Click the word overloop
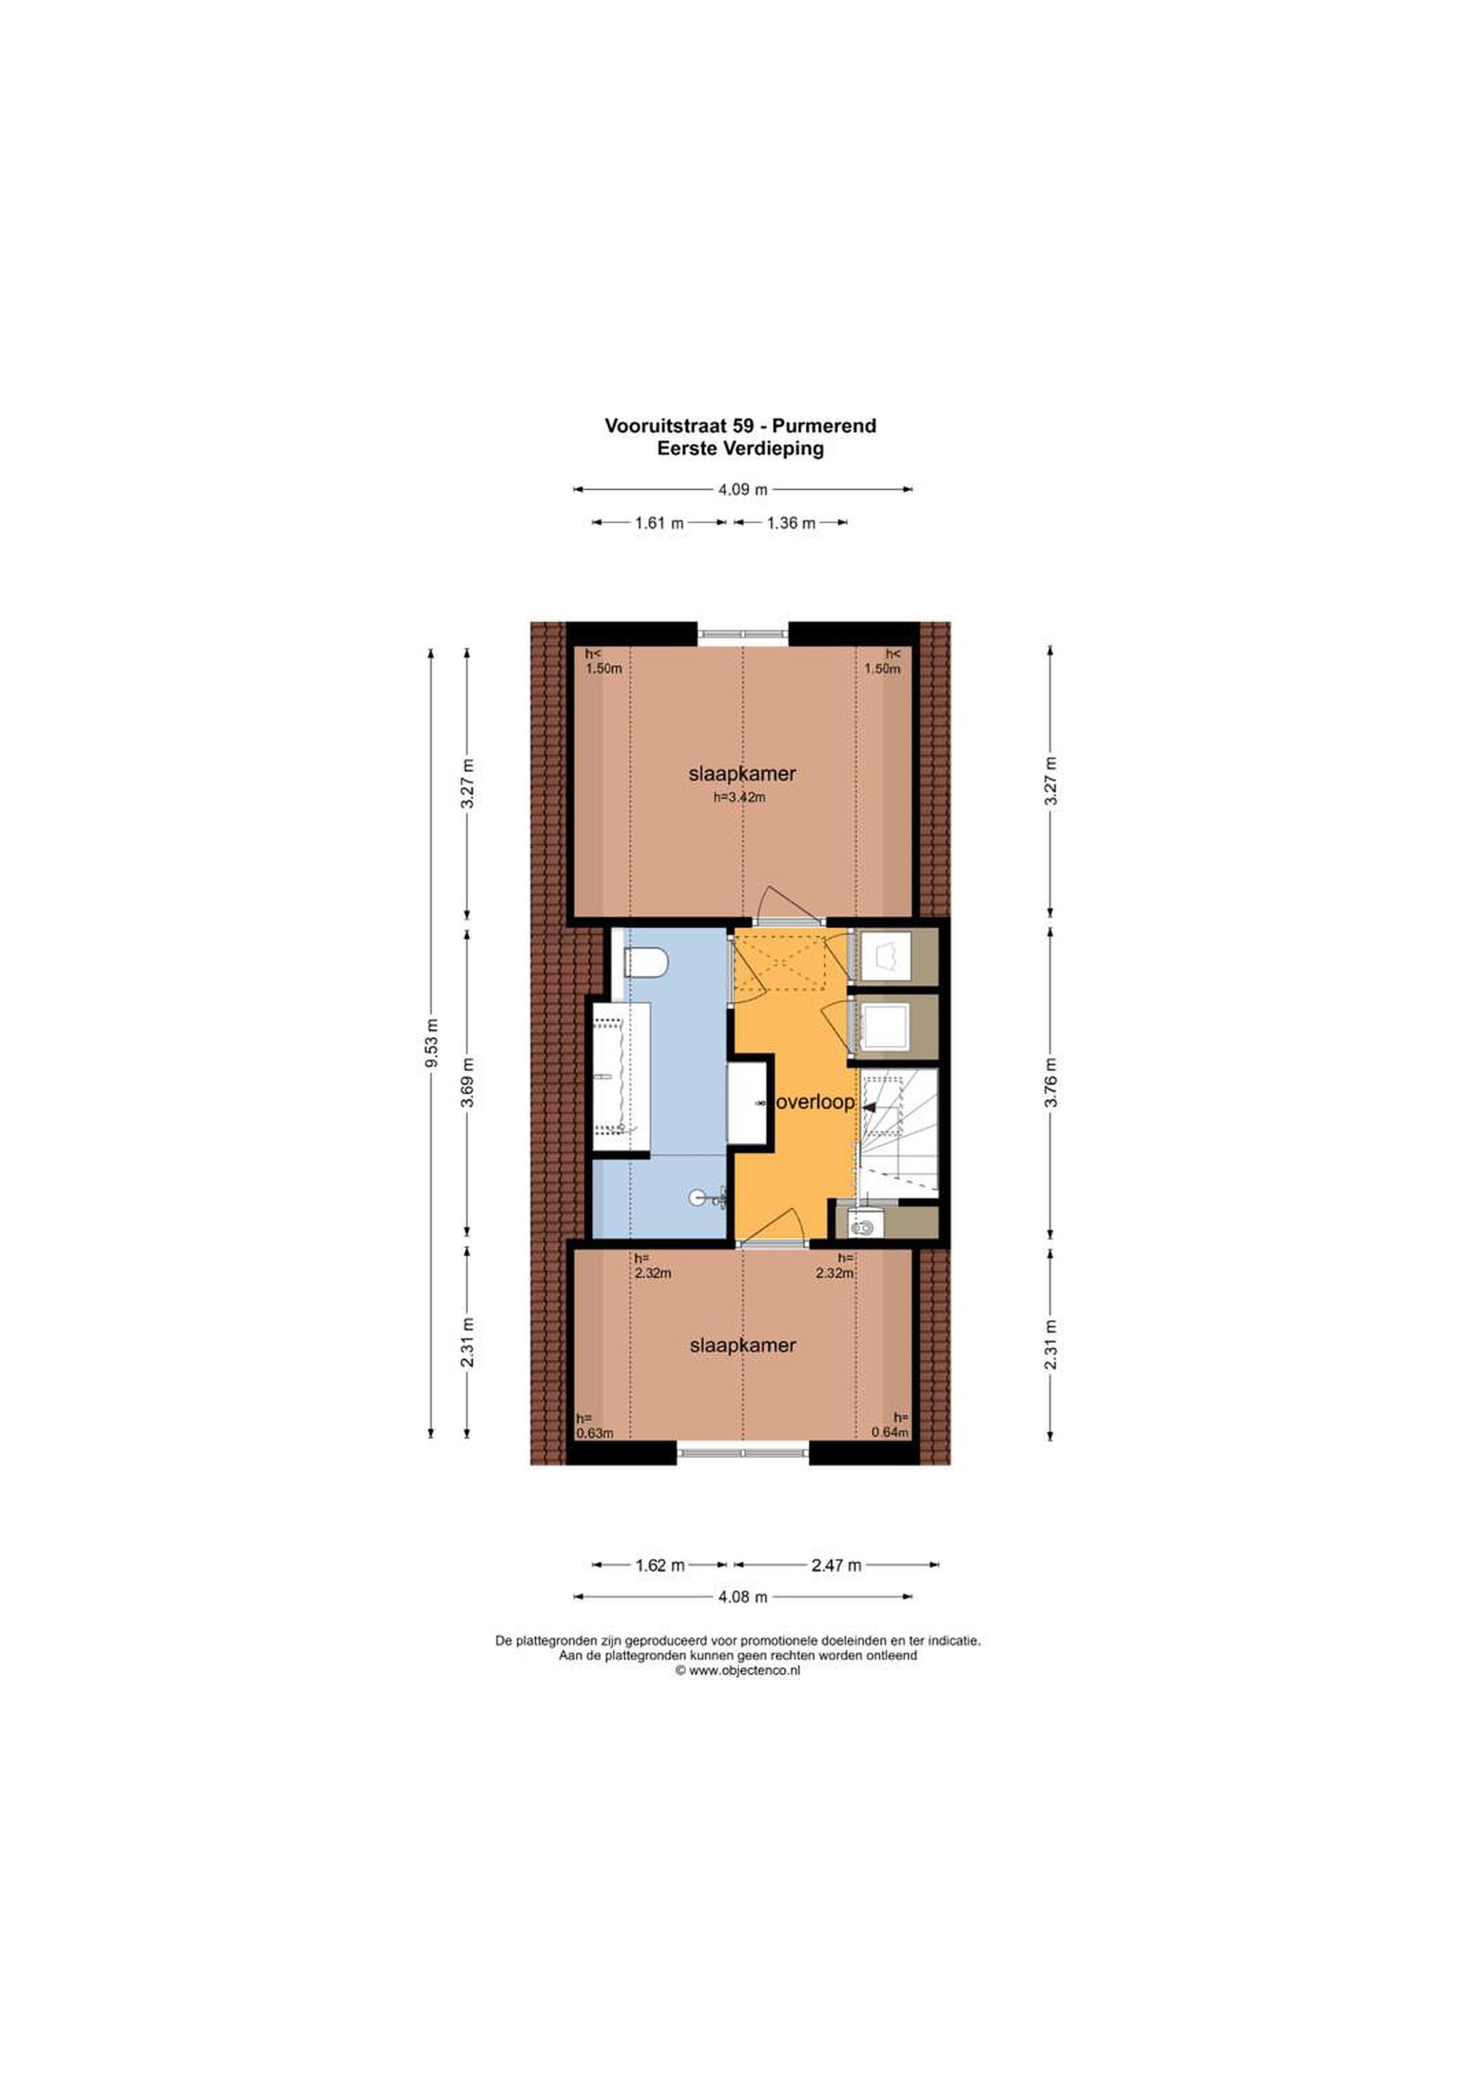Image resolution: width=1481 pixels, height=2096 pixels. click(815, 1102)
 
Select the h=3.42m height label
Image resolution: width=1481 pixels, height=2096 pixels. click(739, 797)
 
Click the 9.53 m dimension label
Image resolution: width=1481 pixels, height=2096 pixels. click(431, 1044)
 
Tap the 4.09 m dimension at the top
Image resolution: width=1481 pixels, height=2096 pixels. click(743, 489)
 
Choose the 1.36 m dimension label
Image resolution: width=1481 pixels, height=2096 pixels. click(791, 523)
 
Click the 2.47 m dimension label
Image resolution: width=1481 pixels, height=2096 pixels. click(836, 1565)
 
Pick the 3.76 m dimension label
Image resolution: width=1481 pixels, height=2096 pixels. click(1051, 1084)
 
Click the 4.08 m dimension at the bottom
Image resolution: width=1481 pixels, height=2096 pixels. click(743, 1597)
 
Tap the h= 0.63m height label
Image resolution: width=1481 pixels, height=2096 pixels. click(594, 1426)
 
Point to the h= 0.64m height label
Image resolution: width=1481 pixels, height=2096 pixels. click(890, 1425)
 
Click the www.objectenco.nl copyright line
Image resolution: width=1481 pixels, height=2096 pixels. click(738, 1670)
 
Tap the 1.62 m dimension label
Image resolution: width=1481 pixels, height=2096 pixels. click(660, 1565)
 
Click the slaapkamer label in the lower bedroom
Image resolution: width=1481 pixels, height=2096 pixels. click(743, 1346)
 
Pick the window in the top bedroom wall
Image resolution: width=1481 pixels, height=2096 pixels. click(743, 634)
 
